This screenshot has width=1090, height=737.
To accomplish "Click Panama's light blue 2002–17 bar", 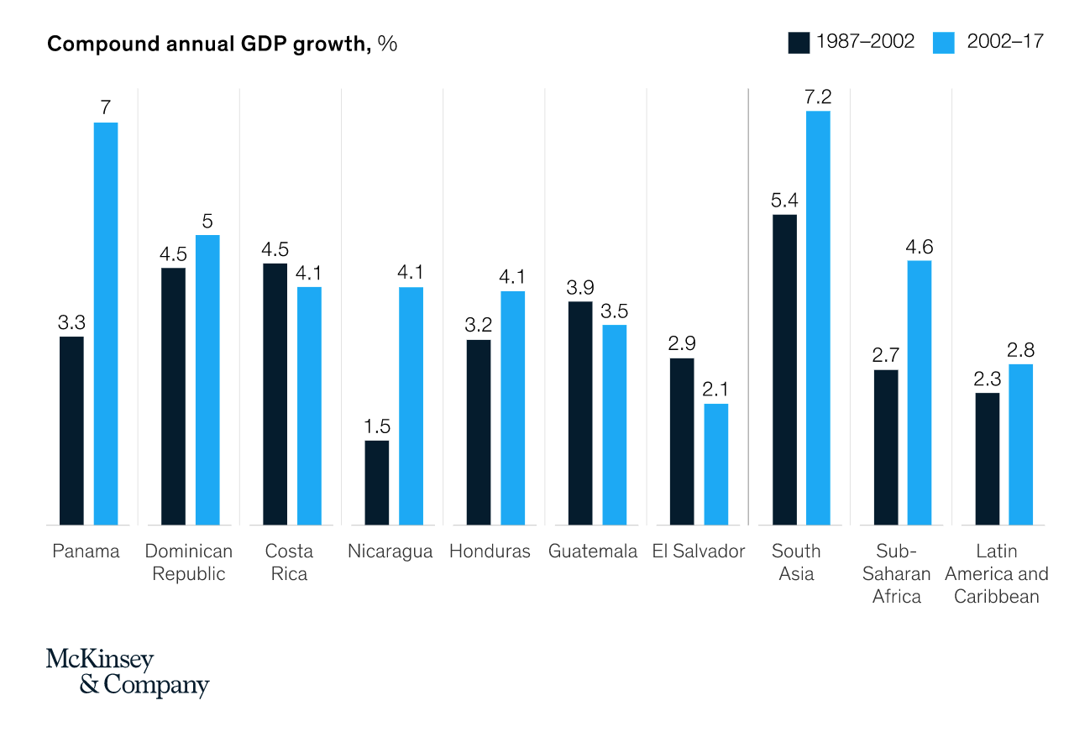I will point(106,323).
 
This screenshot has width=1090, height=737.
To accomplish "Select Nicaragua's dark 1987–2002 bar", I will point(377,483).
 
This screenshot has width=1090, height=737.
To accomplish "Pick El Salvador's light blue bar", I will point(716,464).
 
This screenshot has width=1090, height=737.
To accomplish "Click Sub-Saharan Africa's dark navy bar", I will point(886,447).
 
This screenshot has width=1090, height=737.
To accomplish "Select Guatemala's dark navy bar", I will point(580,413).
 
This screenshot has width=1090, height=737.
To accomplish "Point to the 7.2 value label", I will point(818,97).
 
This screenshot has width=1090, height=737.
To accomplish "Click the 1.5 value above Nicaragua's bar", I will point(377,426).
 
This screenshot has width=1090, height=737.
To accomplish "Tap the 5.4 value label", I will point(784,201).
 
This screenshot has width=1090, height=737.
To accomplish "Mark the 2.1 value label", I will point(716,389).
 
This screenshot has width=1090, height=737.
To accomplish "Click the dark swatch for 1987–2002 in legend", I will point(798,42).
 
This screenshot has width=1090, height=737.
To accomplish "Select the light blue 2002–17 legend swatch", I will point(944,42).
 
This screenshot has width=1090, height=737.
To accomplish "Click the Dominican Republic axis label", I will point(189,562).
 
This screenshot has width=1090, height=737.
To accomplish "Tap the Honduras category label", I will point(490,551).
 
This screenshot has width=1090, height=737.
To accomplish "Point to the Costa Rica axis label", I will point(289,562).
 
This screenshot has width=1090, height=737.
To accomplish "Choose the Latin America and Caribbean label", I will point(997,574).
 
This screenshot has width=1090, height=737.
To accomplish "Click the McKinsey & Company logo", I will point(127,672).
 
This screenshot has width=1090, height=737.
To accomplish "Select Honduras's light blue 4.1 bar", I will point(512,408).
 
